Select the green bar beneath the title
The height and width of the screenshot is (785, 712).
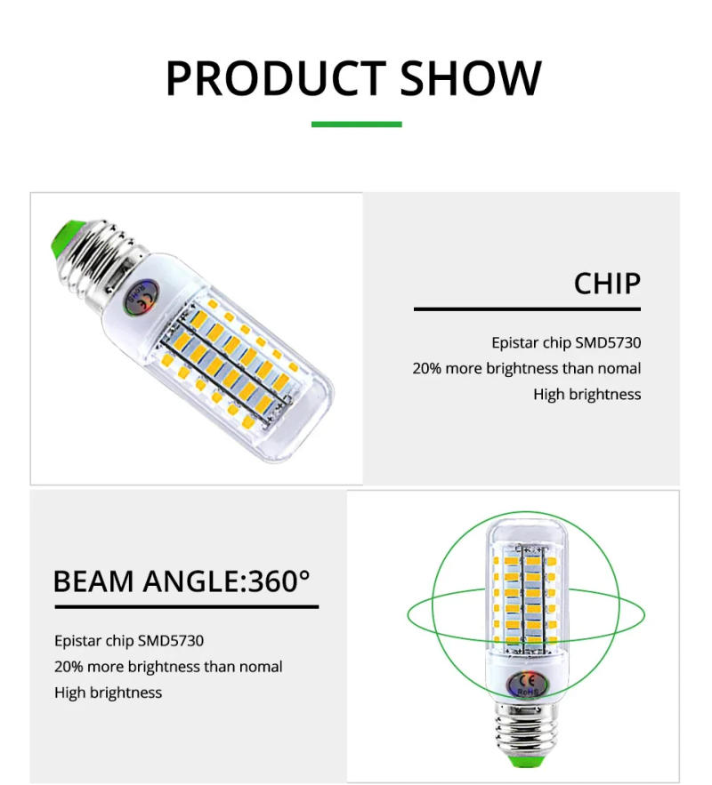pyautogui.click(x=356, y=124)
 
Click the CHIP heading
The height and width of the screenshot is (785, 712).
pyautogui.click(x=606, y=284)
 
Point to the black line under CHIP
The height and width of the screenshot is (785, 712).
pyautogui.click(x=527, y=309)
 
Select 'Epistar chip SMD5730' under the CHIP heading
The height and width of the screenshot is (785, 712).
pyautogui.click(x=565, y=342)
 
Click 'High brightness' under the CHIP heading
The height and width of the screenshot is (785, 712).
pyautogui.click(x=587, y=394)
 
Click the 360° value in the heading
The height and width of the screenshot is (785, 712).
pyautogui.click(x=279, y=581)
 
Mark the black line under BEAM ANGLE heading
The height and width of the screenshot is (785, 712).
pyautogui.click(x=186, y=607)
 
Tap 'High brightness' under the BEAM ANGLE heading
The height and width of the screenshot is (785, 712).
pyautogui.click(x=109, y=693)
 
